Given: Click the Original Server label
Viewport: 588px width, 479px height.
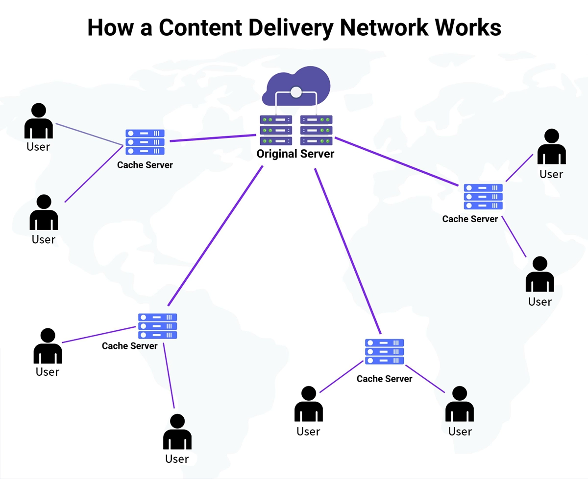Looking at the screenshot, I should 295,154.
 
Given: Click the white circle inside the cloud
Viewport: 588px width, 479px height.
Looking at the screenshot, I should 296,91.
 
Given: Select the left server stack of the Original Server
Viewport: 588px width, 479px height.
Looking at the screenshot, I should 276,130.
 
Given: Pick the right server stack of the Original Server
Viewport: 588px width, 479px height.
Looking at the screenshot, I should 316,130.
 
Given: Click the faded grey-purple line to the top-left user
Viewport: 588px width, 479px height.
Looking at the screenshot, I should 88,134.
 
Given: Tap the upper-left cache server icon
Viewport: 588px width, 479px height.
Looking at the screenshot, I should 145,142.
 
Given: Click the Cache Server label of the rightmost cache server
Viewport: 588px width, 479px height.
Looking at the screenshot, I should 470,219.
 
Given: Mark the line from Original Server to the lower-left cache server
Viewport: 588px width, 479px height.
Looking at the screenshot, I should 216,235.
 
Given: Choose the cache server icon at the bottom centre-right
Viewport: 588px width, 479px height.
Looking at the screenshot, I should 385,352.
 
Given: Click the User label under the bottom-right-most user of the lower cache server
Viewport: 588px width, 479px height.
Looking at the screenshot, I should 460,432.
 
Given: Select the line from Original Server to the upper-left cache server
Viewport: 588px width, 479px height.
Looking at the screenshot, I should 213,138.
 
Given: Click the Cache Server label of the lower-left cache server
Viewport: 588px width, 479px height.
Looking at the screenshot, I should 130,346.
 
